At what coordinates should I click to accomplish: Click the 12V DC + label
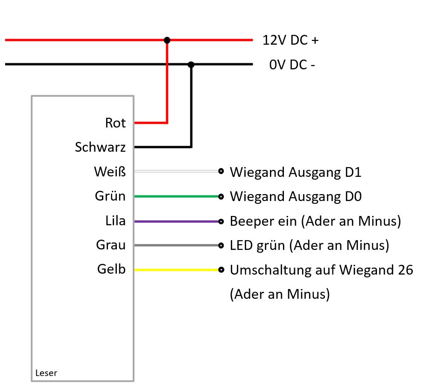[290, 40]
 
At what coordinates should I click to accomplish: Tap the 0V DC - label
[292, 65]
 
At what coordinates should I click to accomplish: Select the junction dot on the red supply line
[167, 40]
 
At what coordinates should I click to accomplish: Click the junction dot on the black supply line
[191, 65]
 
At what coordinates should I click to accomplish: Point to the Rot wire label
[115, 123]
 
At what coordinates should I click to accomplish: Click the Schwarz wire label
[100, 148]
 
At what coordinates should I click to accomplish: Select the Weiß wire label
[110, 172]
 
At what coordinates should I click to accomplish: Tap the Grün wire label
[110, 196]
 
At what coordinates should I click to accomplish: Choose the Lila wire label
[115, 221]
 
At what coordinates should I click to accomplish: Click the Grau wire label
[111, 245]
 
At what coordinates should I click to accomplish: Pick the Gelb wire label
[111, 269]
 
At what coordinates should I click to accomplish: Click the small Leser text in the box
[46, 373]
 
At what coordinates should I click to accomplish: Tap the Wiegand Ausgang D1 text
[296, 173]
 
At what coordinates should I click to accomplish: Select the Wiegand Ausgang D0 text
[296, 197]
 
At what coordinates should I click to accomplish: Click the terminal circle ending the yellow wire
[221, 269]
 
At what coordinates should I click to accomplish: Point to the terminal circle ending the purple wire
[221, 222]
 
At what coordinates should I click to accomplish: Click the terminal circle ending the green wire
[221, 197]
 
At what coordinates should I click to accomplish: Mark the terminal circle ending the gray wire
[221, 245]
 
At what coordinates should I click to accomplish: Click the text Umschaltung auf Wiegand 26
[321, 270]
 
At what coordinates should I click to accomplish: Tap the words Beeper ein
[263, 222]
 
